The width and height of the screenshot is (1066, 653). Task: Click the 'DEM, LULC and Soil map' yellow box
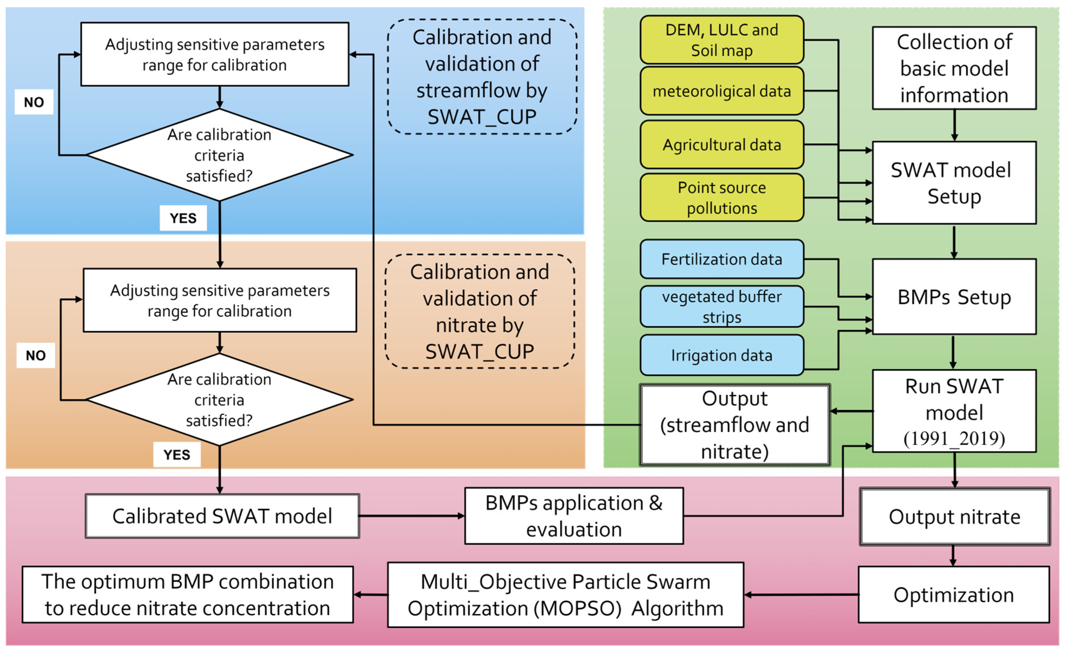[722, 40]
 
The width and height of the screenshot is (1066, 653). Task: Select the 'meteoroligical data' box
[722, 91]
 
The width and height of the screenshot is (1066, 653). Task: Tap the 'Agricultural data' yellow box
[722, 145]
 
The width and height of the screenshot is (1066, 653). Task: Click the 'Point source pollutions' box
[722, 198]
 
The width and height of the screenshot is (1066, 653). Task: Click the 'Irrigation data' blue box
[722, 355]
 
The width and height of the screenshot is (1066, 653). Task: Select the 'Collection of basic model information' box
[954, 68]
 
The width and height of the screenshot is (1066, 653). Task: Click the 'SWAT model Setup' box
[954, 183]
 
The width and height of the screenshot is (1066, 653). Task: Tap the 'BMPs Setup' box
[954, 297]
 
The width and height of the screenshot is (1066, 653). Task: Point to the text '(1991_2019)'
[954, 438]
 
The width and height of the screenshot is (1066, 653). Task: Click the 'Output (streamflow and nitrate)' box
[735, 425]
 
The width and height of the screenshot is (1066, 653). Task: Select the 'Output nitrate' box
[954, 517]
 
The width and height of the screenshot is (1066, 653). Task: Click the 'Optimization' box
[954, 595]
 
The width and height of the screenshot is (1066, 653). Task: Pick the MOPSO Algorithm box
[566, 595]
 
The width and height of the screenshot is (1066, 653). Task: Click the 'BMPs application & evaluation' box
[574, 516]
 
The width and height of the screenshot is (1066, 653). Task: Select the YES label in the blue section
[183, 218]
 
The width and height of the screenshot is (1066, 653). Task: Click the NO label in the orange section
[35, 355]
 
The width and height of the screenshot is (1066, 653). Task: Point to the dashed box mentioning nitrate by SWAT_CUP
[479, 312]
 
